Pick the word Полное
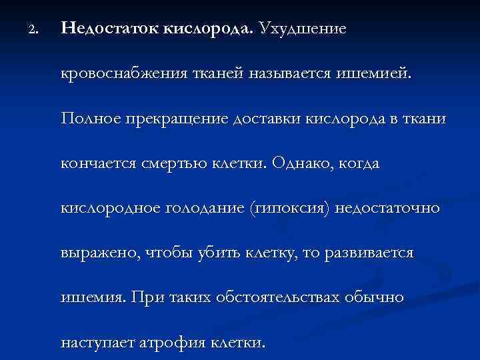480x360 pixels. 87,119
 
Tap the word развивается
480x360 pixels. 371,254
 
